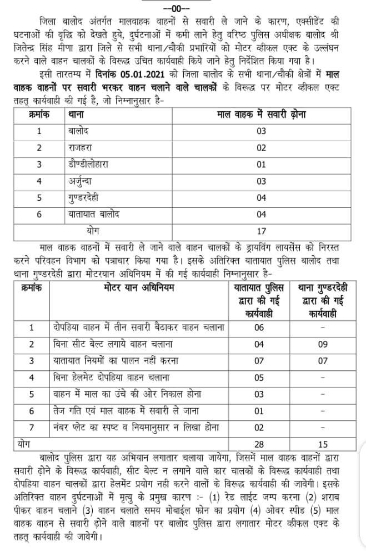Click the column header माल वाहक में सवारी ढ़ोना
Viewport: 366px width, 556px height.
(260, 115)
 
